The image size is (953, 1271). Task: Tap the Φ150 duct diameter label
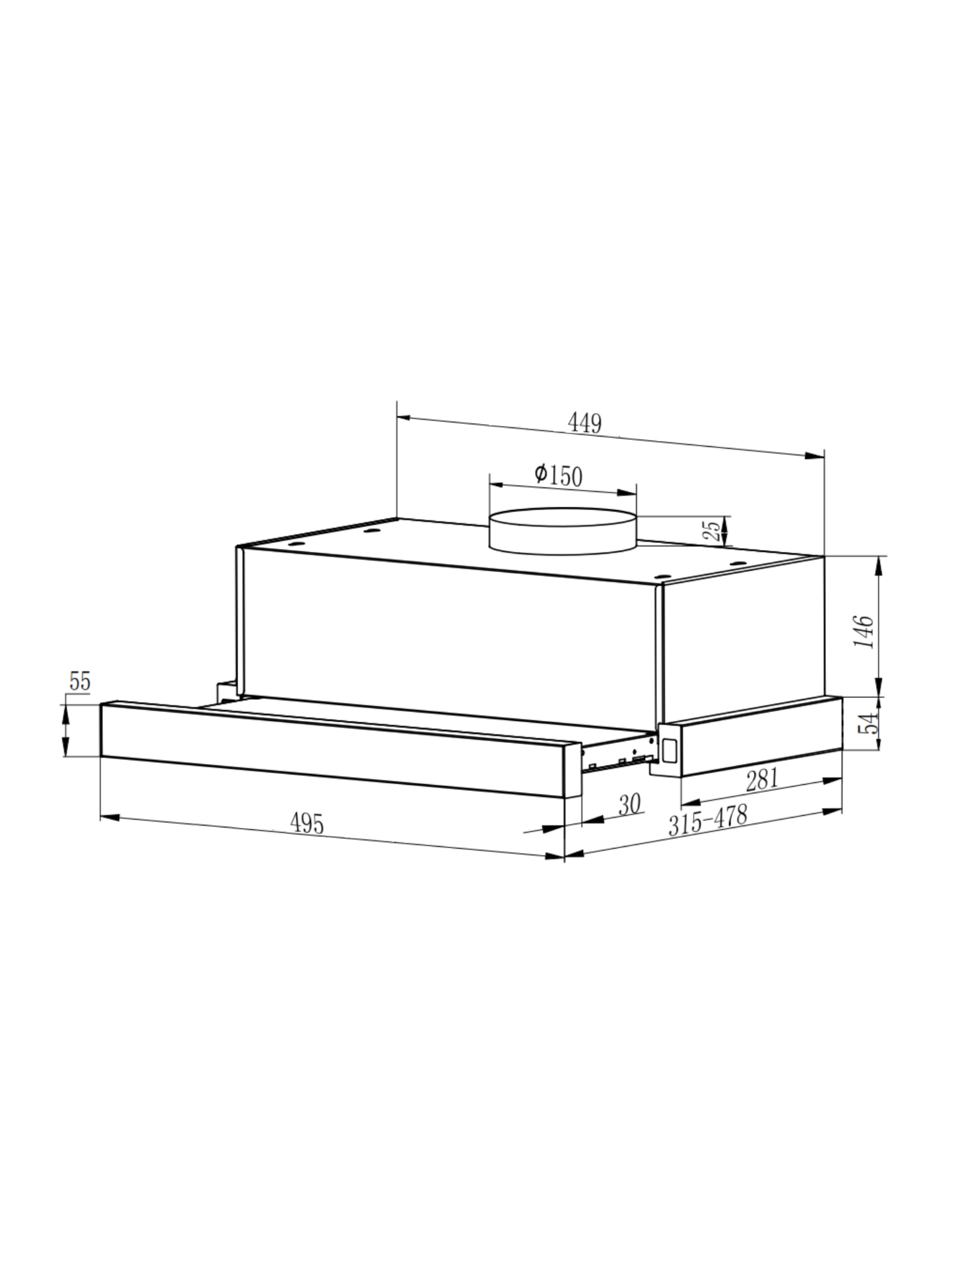click(558, 475)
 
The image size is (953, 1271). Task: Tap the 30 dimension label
click(630, 805)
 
